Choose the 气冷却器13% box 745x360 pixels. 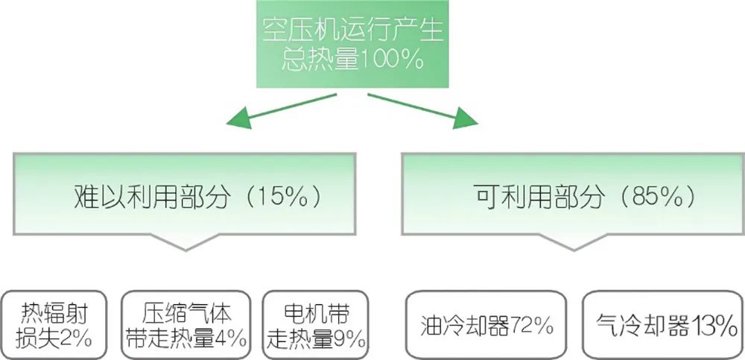[659, 326]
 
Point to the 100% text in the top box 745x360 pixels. [396, 60]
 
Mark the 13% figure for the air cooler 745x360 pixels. [712, 326]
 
